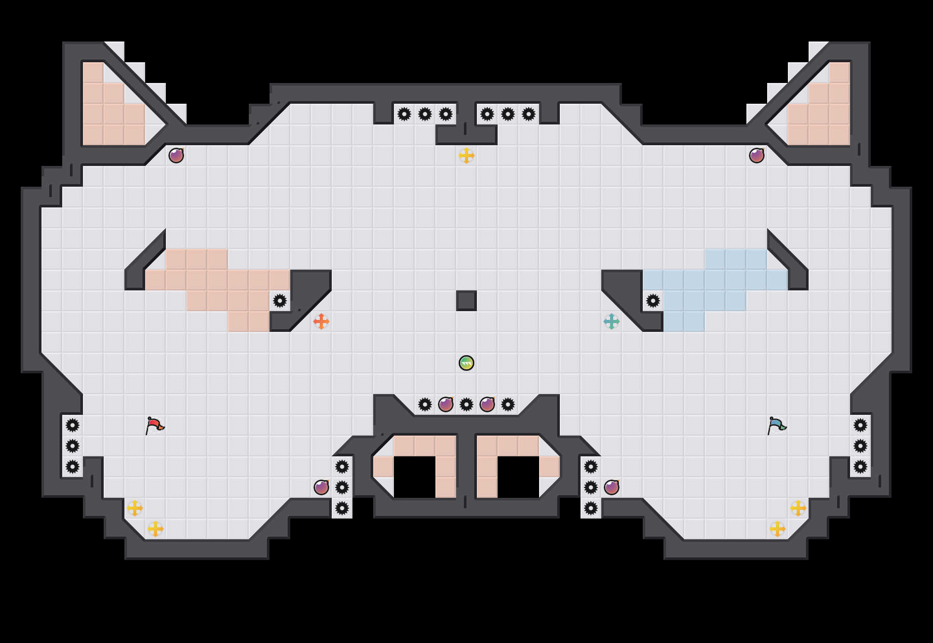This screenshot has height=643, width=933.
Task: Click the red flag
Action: tap(154, 426)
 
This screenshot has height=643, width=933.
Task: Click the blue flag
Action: tap(776, 426)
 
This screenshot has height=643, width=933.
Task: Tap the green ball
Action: tap(466, 363)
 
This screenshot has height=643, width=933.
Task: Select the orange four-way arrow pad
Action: tap(321, 321)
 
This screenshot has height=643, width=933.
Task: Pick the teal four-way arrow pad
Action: tap(612, 321)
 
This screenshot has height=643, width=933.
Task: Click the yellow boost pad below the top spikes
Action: tap(466, 156)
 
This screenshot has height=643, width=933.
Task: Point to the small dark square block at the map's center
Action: tap(466, 301)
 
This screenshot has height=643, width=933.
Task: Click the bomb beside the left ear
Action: tap(176, 156)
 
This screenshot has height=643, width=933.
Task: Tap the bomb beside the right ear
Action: tap(757, 156)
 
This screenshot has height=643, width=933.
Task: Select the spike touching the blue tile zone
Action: tap(653, 301)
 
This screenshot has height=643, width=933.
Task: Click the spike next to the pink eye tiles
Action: tap(280, 301)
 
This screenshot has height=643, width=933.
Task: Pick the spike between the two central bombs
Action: tap(466, 404)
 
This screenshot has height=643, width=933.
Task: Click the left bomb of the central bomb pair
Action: tap(446, 404)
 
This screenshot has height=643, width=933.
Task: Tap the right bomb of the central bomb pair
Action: tap(487, 404)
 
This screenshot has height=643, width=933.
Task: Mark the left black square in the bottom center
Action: tap(415, 477)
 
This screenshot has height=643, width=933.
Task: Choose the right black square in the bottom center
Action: tap(518, 477)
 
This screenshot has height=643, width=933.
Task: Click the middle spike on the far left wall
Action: tap(73, 446)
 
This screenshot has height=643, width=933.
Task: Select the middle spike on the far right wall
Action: tap(860, 446)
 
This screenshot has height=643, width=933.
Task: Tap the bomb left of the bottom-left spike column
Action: tap(321, 487)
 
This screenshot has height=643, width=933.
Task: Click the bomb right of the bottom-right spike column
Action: tap(612, 487)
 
